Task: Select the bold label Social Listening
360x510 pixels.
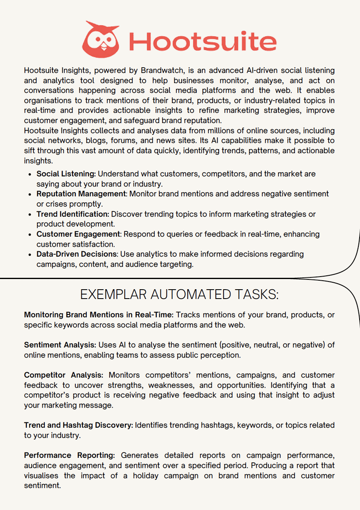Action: [66, 174]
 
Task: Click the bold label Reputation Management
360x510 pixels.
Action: [81, 194]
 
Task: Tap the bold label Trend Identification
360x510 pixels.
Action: [72, 214]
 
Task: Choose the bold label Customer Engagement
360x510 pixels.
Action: [79, 234]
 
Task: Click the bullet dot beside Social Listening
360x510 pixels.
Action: [31, 174]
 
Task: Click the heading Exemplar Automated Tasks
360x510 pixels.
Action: [179, 294]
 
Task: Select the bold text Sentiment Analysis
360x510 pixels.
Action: [60, 345]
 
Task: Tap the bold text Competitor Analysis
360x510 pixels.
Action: [64, 375]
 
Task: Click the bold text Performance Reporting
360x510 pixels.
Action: [69, 455]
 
